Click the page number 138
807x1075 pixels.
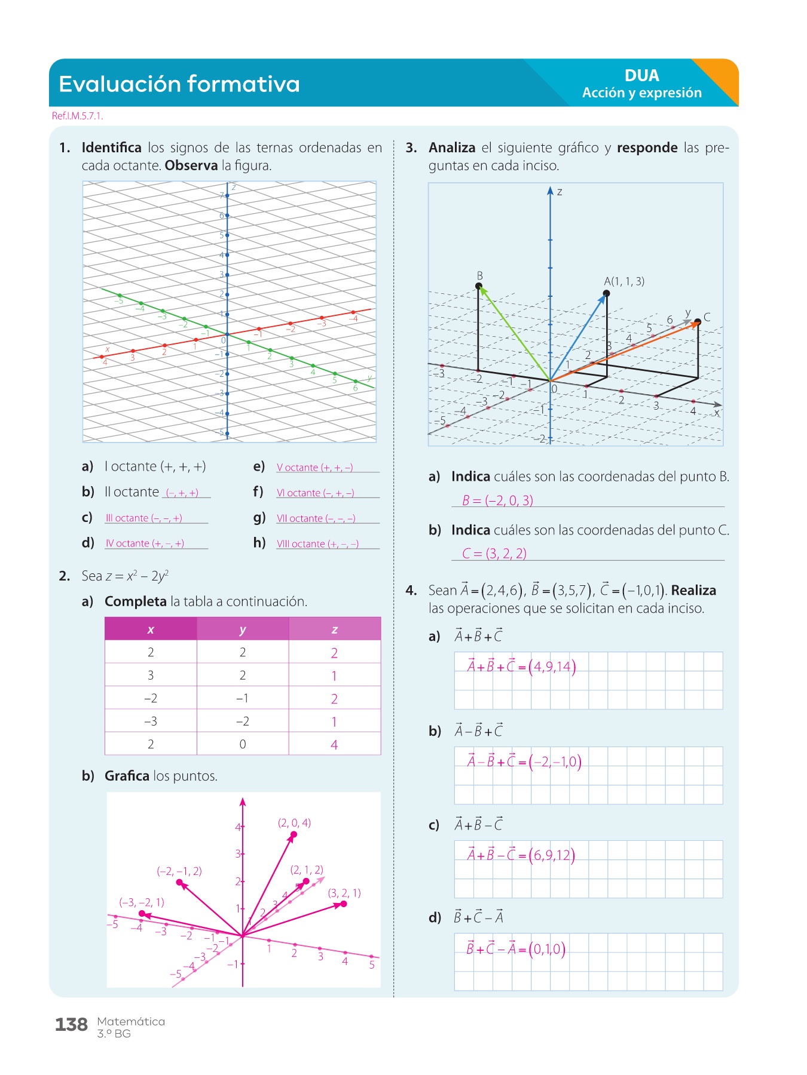[x=71, y=1025]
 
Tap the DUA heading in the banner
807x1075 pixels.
[x=641, y=76]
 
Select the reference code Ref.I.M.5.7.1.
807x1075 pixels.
[x=78, y=116]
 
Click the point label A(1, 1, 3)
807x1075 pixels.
[x=624, y=281]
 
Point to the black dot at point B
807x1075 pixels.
[x=478, y=286]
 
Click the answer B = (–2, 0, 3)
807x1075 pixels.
[x=497, y=500]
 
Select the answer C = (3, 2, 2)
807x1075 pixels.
[x=494, y=554]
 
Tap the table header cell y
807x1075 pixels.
[x=243, y=629]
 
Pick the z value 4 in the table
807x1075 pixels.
[x=334, y=745]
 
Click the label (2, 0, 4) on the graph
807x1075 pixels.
[x=294, y=823]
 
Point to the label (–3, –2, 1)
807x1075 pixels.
[x=142, y=902]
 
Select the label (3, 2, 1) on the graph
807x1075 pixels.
[x=344, y=893]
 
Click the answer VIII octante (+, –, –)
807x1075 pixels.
[x=317, y=544]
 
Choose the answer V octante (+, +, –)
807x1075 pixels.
[x=314, y=468]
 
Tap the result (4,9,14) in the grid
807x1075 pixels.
[x=552, y=666]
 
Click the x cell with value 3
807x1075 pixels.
[x=151, y=675]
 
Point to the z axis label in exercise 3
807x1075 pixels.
[x=560, y=192]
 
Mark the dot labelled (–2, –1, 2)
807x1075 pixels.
[x=179, y=882]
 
